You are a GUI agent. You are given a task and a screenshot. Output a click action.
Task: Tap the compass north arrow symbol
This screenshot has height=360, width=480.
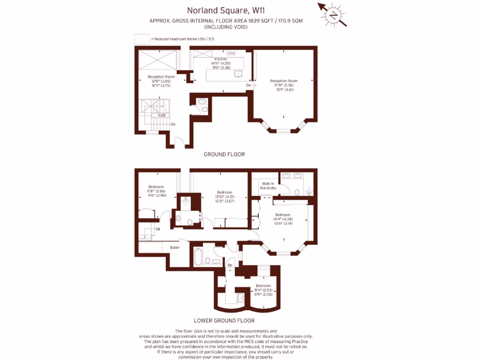pyautogui.click(x=333, y=15)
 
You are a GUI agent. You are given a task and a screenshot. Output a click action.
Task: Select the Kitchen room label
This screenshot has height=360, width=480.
pyautogui.click(x=221, y=59)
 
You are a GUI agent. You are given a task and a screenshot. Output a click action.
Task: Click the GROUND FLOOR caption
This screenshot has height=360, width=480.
pyautogui.click(x=224, y=154)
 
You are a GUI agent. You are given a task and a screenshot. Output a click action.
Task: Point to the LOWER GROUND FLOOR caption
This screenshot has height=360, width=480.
pyautogui.click(x=224, y=321)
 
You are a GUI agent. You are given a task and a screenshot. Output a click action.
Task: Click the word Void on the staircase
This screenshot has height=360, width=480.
pyautogui.click(x=161, y=115)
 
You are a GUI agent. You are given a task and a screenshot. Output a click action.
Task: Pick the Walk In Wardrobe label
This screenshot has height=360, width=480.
pyautogui.click(x=268, y=186)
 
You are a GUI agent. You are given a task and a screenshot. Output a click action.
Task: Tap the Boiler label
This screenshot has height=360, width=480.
pyautogui.click(x=175, y=247)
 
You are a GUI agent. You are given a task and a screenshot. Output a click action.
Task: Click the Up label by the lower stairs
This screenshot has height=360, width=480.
pyautogui.click(x=158, y=229)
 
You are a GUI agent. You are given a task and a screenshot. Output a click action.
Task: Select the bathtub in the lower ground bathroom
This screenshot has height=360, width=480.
pyautogui.click(x=197, y=257)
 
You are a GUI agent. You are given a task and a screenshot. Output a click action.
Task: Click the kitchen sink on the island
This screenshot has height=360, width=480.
pyautogui.click(x=238, y=74)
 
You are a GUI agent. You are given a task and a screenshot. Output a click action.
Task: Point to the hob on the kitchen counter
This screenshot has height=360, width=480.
pyautogui.click(x=231, y=54)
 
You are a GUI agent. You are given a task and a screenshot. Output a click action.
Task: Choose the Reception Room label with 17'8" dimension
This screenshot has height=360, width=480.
pyautogui.click(x=284, y=81)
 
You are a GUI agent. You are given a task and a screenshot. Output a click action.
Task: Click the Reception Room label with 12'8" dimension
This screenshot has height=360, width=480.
pyautogui.click(x=161, y=77)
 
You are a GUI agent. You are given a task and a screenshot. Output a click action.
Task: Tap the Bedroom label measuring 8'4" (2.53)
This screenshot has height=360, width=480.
pyautogui.click(x=263, y=286)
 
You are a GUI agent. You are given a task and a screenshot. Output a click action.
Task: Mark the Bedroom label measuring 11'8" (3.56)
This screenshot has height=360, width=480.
pyautogui.click(x=156, y=187)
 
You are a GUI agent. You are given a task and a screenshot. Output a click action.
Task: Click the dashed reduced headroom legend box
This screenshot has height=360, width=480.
pyautogui.click(x=142, y=39)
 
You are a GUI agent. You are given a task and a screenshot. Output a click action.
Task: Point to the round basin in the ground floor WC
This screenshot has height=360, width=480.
pyautogui.click(x=202, y=101)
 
